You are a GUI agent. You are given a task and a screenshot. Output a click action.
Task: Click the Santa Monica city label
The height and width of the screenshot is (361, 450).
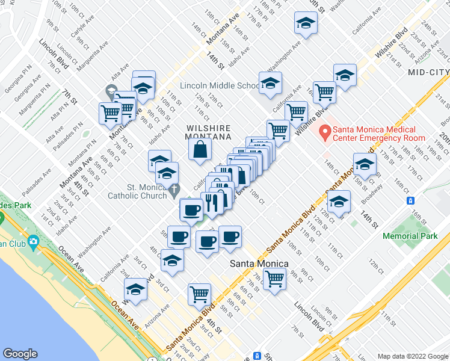[260, 264]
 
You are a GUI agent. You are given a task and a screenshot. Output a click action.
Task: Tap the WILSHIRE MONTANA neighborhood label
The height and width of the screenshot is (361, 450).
[209, 132]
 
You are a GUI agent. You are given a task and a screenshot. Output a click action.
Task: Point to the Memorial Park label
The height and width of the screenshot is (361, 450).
[410, 236]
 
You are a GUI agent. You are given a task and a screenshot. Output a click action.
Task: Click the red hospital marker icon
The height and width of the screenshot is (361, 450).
[325, 132]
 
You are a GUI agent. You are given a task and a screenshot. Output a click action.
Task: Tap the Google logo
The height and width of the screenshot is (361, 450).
[20, 354]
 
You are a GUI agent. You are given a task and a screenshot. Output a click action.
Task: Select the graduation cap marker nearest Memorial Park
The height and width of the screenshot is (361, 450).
[339, 202]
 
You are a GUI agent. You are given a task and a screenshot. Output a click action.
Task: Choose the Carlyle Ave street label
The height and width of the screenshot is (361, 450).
[81, 22]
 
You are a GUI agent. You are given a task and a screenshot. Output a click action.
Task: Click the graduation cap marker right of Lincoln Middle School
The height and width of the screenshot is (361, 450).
[270, 83]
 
